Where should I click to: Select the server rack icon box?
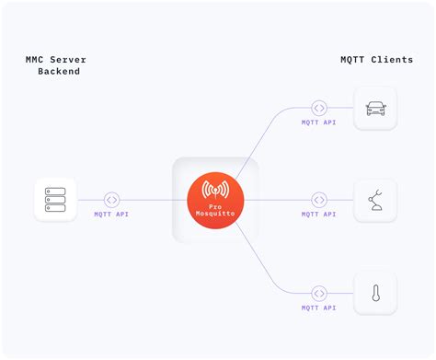[55, 200]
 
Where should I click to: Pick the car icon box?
[375, 109]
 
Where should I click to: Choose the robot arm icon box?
[375, 200]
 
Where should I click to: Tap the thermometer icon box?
[375, 293]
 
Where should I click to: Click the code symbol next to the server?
[111, 200]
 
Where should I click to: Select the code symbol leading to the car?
[319, 109]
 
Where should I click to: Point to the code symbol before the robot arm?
[319, 200]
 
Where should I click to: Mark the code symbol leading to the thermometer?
[319, 293]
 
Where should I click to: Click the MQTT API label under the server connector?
[112, 215]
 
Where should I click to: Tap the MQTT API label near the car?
[319, 122]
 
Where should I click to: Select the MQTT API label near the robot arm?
[319, 215]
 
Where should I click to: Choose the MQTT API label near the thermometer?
[319, 308]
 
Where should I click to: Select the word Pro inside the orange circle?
[215, 207]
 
